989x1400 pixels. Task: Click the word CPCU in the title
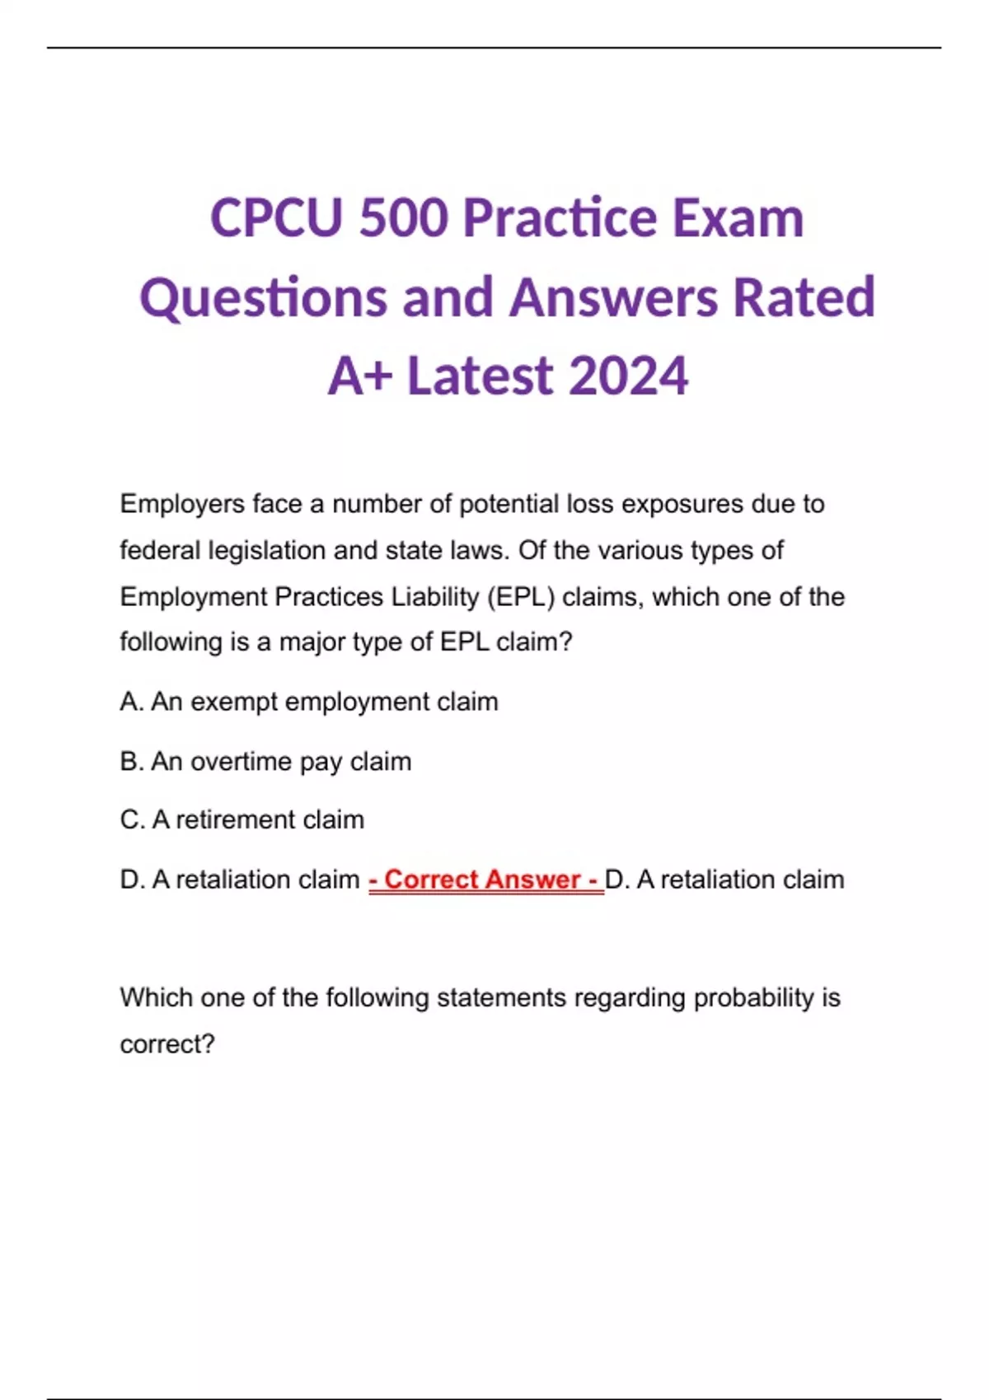[276, 218]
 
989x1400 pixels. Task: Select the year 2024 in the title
[628, 376]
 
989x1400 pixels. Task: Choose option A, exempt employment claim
[309, 702]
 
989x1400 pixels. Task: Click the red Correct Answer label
[485, 880]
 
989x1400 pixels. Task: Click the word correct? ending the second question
[167, 1044]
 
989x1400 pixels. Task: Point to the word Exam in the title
[738, 218]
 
